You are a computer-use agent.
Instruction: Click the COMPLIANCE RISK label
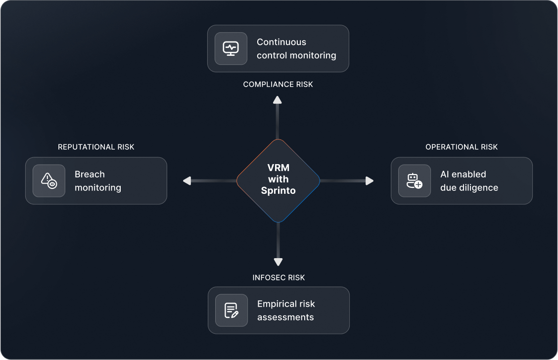pos(278,85)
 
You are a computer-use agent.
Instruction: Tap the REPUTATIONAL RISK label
pos(96,147)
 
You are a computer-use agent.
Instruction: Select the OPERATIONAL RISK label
pos(462,147)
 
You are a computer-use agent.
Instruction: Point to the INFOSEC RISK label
pos(279,277)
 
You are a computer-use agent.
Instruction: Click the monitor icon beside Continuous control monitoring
pos(231,48)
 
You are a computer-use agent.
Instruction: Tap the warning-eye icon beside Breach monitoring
pos(49,180)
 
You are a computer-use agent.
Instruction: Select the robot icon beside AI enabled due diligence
pos(414,180)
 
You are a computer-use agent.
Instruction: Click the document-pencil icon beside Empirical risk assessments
pos(232,310)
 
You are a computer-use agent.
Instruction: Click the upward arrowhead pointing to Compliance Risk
pos(278,100)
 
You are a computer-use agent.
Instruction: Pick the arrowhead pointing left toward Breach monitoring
pos(187,181)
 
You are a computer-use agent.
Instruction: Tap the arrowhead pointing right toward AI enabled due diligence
pos(370,181)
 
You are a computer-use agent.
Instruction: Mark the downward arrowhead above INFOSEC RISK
pos(278,262)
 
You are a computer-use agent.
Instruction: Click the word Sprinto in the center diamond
pos(278,190)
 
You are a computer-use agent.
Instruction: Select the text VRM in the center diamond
pos(278,168)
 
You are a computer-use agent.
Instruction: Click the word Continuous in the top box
pos(281,42)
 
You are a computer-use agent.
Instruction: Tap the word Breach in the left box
pos(90,174)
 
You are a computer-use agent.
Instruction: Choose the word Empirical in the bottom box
pos(277,304)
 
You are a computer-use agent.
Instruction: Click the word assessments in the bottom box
pos(285,317)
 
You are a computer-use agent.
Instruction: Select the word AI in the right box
pos(444,174)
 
